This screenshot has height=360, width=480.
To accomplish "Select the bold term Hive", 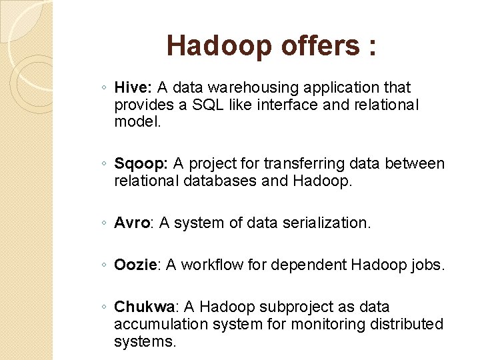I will coord(133,87).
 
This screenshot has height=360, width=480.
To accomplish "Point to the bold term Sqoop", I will coord(141,163).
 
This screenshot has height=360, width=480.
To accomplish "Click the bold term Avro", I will coord(132,223).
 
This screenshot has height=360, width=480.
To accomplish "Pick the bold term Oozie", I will coord(135,265).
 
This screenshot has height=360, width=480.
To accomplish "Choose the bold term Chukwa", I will coord(144,307).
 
